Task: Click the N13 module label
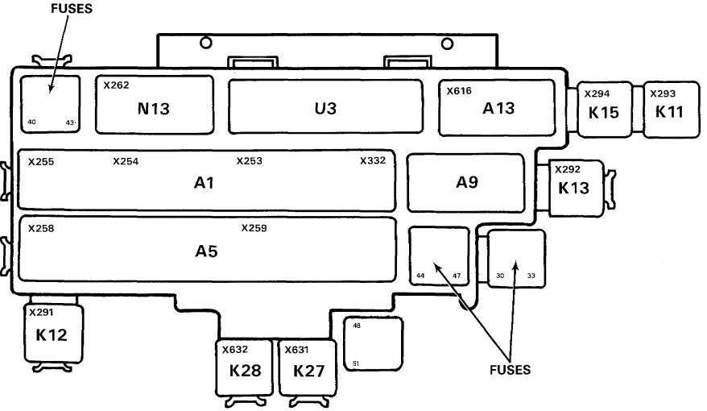(153, 109)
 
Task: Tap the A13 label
(498, 109)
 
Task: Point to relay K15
(603, 112)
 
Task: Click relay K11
(668, 111)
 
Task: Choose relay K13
(574, 188)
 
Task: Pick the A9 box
(467, 182)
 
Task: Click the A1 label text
(205, 183)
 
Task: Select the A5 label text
(207, 251)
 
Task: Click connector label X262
(116, 84)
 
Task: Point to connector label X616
(459, 91)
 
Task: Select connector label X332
(372, 160)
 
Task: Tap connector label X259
(254, 228)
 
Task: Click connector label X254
(126, 161)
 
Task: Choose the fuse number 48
(357, 326)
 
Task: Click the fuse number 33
(531, 276)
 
